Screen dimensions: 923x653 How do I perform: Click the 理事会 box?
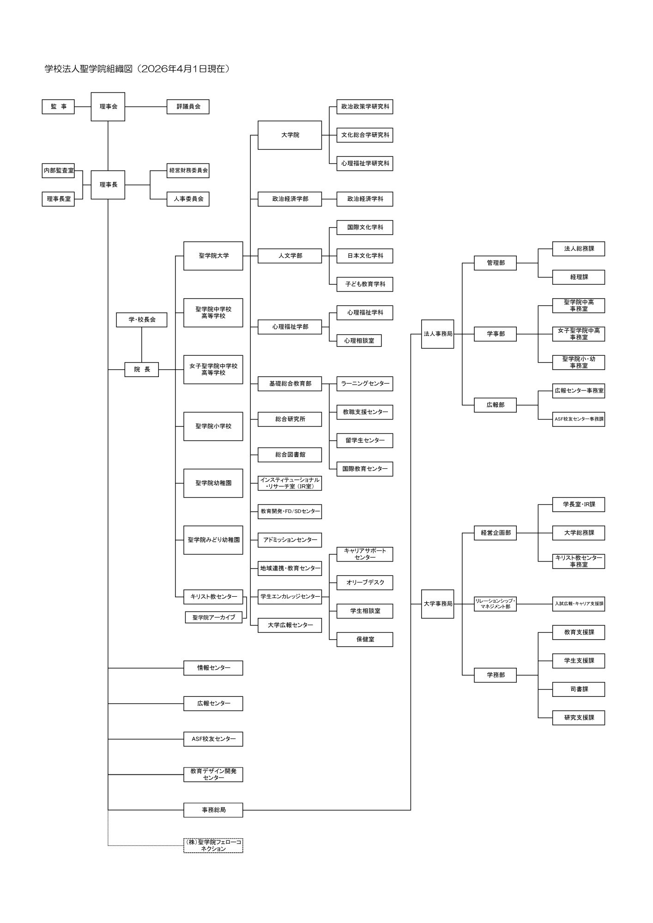(x=108, y=107)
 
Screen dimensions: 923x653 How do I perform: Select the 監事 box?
(x=58, y=107)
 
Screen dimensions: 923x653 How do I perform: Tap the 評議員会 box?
(x=188, y=107)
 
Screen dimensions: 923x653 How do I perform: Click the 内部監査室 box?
(x=58, y=171)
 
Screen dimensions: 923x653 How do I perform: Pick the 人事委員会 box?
(x=188, y=199)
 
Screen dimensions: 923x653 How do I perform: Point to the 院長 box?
(x=142, y=370)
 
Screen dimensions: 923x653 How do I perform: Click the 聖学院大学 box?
(x=213, y=256)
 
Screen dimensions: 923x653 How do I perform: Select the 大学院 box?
(x=290, y=135)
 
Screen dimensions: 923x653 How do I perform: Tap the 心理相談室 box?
(x=359, y=341)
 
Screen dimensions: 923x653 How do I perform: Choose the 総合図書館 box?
(x=290, y=455)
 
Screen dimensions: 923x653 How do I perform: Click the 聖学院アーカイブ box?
(x=213, y=617)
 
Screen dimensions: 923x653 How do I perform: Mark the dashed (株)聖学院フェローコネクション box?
(x=213, y=845)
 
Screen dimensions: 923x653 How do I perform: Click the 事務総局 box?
(x=213, y=810)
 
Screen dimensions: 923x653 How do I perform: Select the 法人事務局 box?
(x=437, y=334)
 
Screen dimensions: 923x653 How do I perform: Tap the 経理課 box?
(x=578, y=277)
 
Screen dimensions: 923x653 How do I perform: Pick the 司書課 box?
(x=578, y=689)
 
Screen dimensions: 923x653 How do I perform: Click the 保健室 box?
(x=364, y=640)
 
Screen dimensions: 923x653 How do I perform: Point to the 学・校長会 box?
(x=141, y=320)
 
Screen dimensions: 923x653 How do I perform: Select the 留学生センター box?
(x=364, y=441)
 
